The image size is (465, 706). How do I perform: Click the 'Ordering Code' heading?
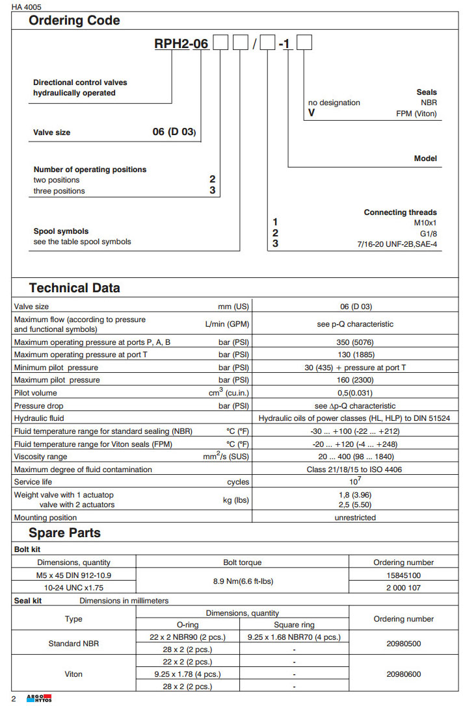(x=74, y=21)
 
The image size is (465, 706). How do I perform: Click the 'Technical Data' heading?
(x=74, y=288)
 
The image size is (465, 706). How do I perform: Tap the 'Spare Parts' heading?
(x=64, y=533)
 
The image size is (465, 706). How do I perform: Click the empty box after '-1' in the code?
(x=304, y=45)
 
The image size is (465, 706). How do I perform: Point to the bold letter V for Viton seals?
(x=311, y=113)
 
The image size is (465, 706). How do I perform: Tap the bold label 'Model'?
(x=425, y=158)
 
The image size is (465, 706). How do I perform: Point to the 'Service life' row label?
(x=32, y=482)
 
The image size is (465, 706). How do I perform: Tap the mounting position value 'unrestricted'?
(x=355, y=518)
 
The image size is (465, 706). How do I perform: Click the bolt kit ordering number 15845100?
(x=403, y=575)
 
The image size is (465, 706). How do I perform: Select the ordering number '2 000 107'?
(x=403, y=587)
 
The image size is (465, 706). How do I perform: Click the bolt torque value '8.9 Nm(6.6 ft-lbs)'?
(x=243, y=581)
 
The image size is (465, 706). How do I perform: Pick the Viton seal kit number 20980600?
(x=403, y=674)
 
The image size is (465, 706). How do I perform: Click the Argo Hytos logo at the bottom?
(x=39, y=698)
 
